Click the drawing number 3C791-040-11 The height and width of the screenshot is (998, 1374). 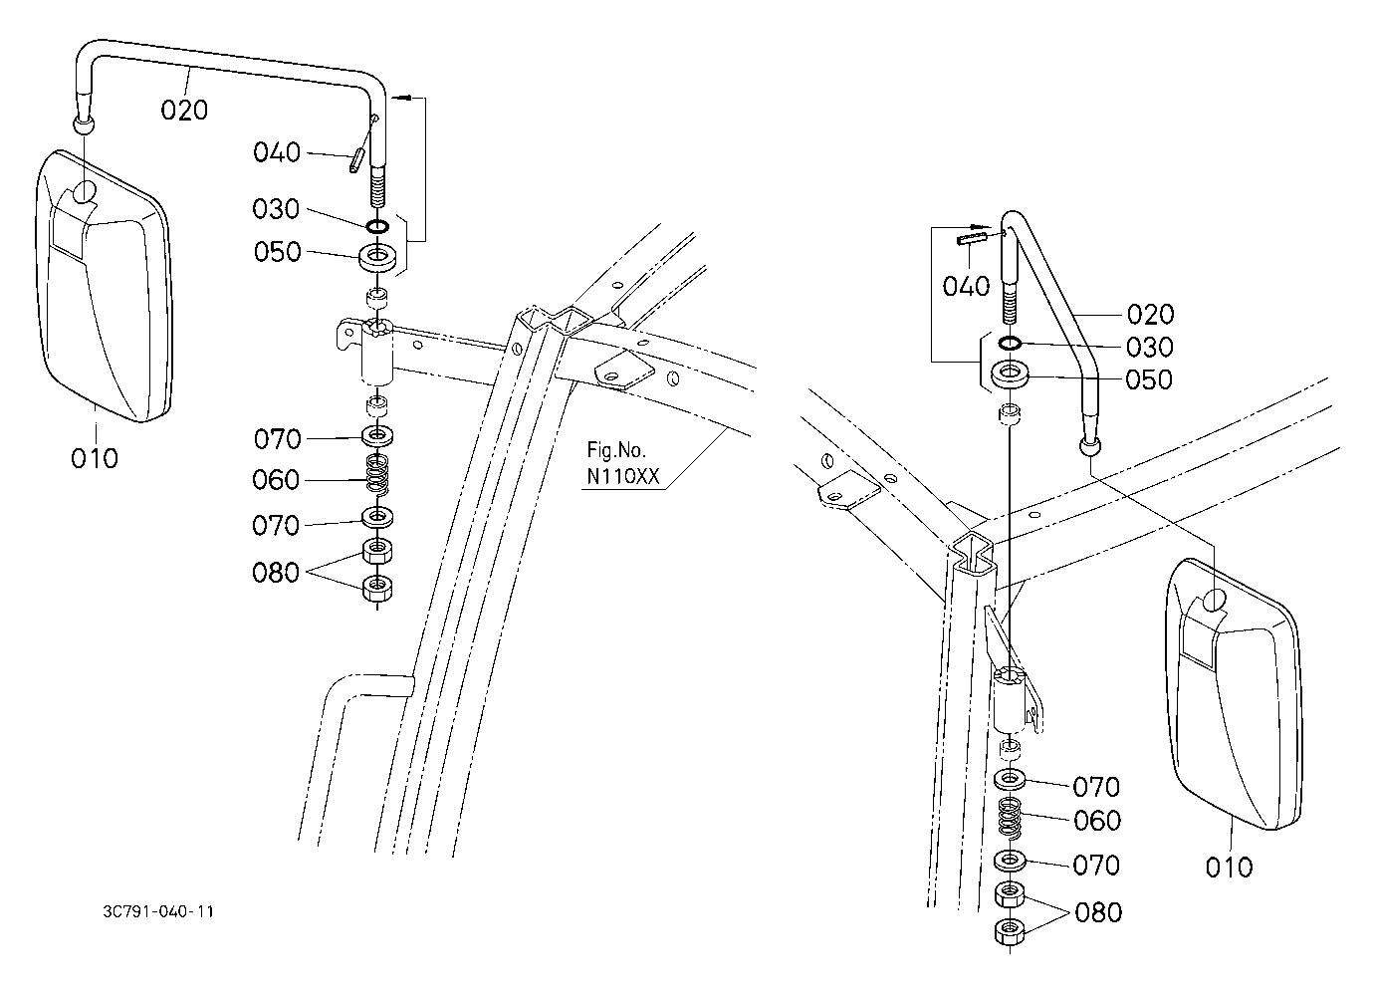pos(158,911)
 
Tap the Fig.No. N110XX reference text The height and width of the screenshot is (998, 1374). pos(622,463)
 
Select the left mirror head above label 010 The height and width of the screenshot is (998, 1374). pos(103,286)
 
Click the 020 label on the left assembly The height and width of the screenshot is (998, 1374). pos(184,111)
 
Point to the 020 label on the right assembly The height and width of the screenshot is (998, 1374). pos(1150,315)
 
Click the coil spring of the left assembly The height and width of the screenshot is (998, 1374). pos(378,474)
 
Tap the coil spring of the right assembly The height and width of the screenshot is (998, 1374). pos(1010,819)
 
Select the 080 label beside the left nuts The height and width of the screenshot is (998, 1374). pos(276,573)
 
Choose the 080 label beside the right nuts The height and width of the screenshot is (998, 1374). pos(1098,912)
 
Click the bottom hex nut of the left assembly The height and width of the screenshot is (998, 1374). pos(378,588)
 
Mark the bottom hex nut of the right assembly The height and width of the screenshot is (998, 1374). pos(1010,930)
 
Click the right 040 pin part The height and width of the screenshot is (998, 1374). pos(972,237)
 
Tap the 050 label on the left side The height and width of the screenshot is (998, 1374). pos(277,252)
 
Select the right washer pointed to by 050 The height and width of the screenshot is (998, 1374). pos(1010,375)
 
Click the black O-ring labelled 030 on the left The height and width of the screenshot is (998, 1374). pos(377,226)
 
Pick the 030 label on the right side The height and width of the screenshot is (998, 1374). pos(1150,348)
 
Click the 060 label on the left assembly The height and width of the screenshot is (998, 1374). pos(276,480)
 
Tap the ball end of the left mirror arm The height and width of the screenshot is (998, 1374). pos(84,124)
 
